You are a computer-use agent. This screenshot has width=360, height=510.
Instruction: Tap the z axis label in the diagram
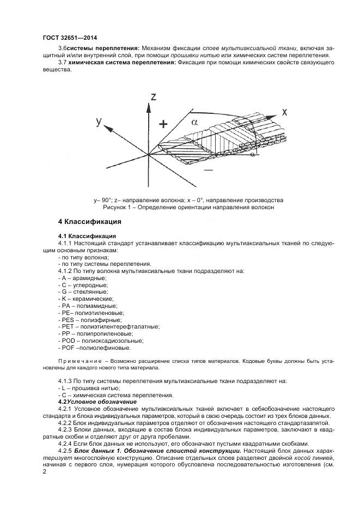point(154,97)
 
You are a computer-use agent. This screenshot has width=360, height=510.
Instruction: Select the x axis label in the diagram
point(284,112)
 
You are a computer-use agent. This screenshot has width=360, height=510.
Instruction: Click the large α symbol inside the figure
point(194,123)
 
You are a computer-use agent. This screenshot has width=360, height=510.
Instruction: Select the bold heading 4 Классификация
point(89,222)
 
